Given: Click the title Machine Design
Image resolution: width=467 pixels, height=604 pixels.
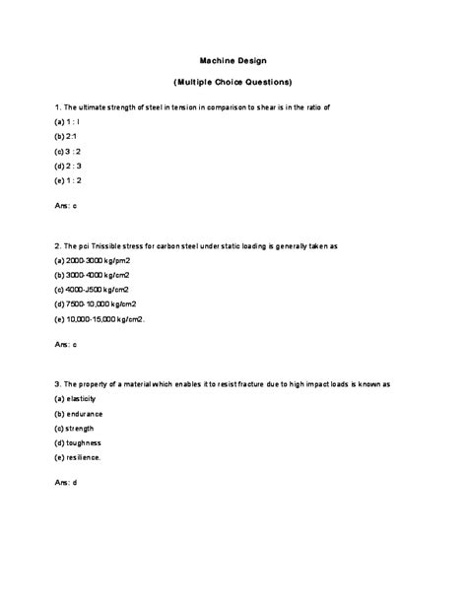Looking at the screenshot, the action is [x=233, y=59].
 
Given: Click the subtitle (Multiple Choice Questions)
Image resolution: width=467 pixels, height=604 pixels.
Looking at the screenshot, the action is [x=233, y=81].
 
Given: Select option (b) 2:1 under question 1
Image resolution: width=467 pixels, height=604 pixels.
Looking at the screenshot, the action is [x=65, y=134].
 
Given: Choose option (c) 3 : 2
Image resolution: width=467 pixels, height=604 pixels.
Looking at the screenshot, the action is [x=67, y=150].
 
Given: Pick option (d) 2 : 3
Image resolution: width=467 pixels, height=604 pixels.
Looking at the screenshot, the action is [x=67, y=166].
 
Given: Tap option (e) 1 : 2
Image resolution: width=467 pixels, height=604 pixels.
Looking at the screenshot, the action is [x=67, y=181].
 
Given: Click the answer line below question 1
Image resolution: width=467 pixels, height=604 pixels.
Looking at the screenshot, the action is [x=65, y=205].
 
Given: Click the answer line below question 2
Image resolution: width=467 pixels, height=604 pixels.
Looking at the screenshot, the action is [x=65, y=345].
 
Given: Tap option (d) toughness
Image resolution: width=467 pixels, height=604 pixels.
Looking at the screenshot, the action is [x=79, y=444].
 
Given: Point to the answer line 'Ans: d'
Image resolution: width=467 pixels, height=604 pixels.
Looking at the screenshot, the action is [x=65, y=484].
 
